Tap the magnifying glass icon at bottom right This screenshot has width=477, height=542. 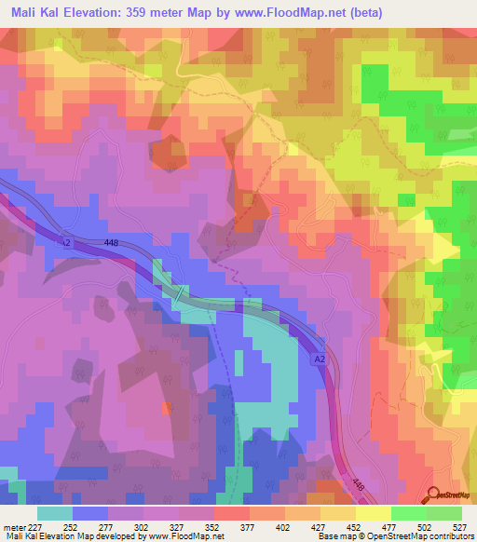click(434, 495)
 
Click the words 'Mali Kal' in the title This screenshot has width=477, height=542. click(33, 10)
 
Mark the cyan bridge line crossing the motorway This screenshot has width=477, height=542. click(176, 292)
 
